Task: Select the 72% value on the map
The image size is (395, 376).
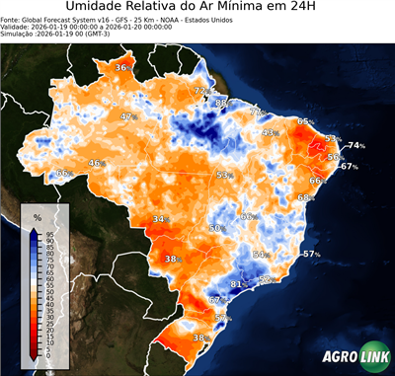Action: pos(201,92)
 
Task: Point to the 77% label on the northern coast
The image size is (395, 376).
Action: pos(256,113)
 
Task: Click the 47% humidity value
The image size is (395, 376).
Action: pos(127,116)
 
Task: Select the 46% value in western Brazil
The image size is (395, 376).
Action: pos(97,164)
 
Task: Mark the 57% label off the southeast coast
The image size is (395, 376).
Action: pos(312,255)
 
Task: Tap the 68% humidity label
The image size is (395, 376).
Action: pos(306,197)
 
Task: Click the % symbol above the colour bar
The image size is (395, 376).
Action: pos(38,216)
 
